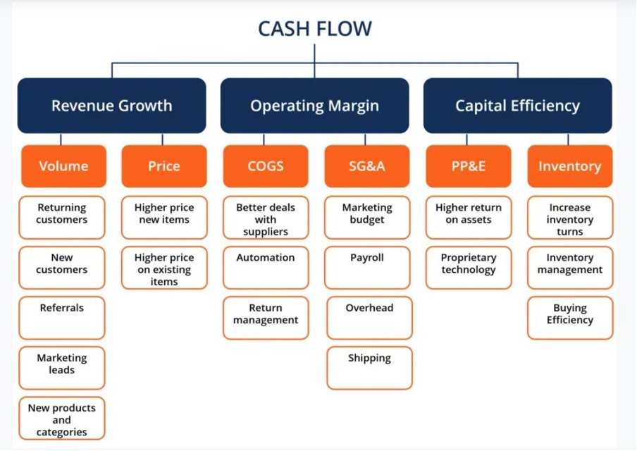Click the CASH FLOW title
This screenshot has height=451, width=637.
315,29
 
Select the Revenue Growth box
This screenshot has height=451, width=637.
111,106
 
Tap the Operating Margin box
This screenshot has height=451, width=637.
314,106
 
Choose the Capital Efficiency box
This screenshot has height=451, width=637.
517,106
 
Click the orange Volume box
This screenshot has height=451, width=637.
63,166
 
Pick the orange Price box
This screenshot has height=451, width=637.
164,166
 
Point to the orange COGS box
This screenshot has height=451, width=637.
266,166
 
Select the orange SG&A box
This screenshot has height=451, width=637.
367,166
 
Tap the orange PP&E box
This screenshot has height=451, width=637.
469,166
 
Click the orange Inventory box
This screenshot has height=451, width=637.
569,166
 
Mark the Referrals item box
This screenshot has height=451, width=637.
62,318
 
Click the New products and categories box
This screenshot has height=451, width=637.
62,419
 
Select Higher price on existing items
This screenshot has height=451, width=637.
164,268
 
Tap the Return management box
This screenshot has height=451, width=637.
266,318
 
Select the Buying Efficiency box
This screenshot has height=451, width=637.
569,318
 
